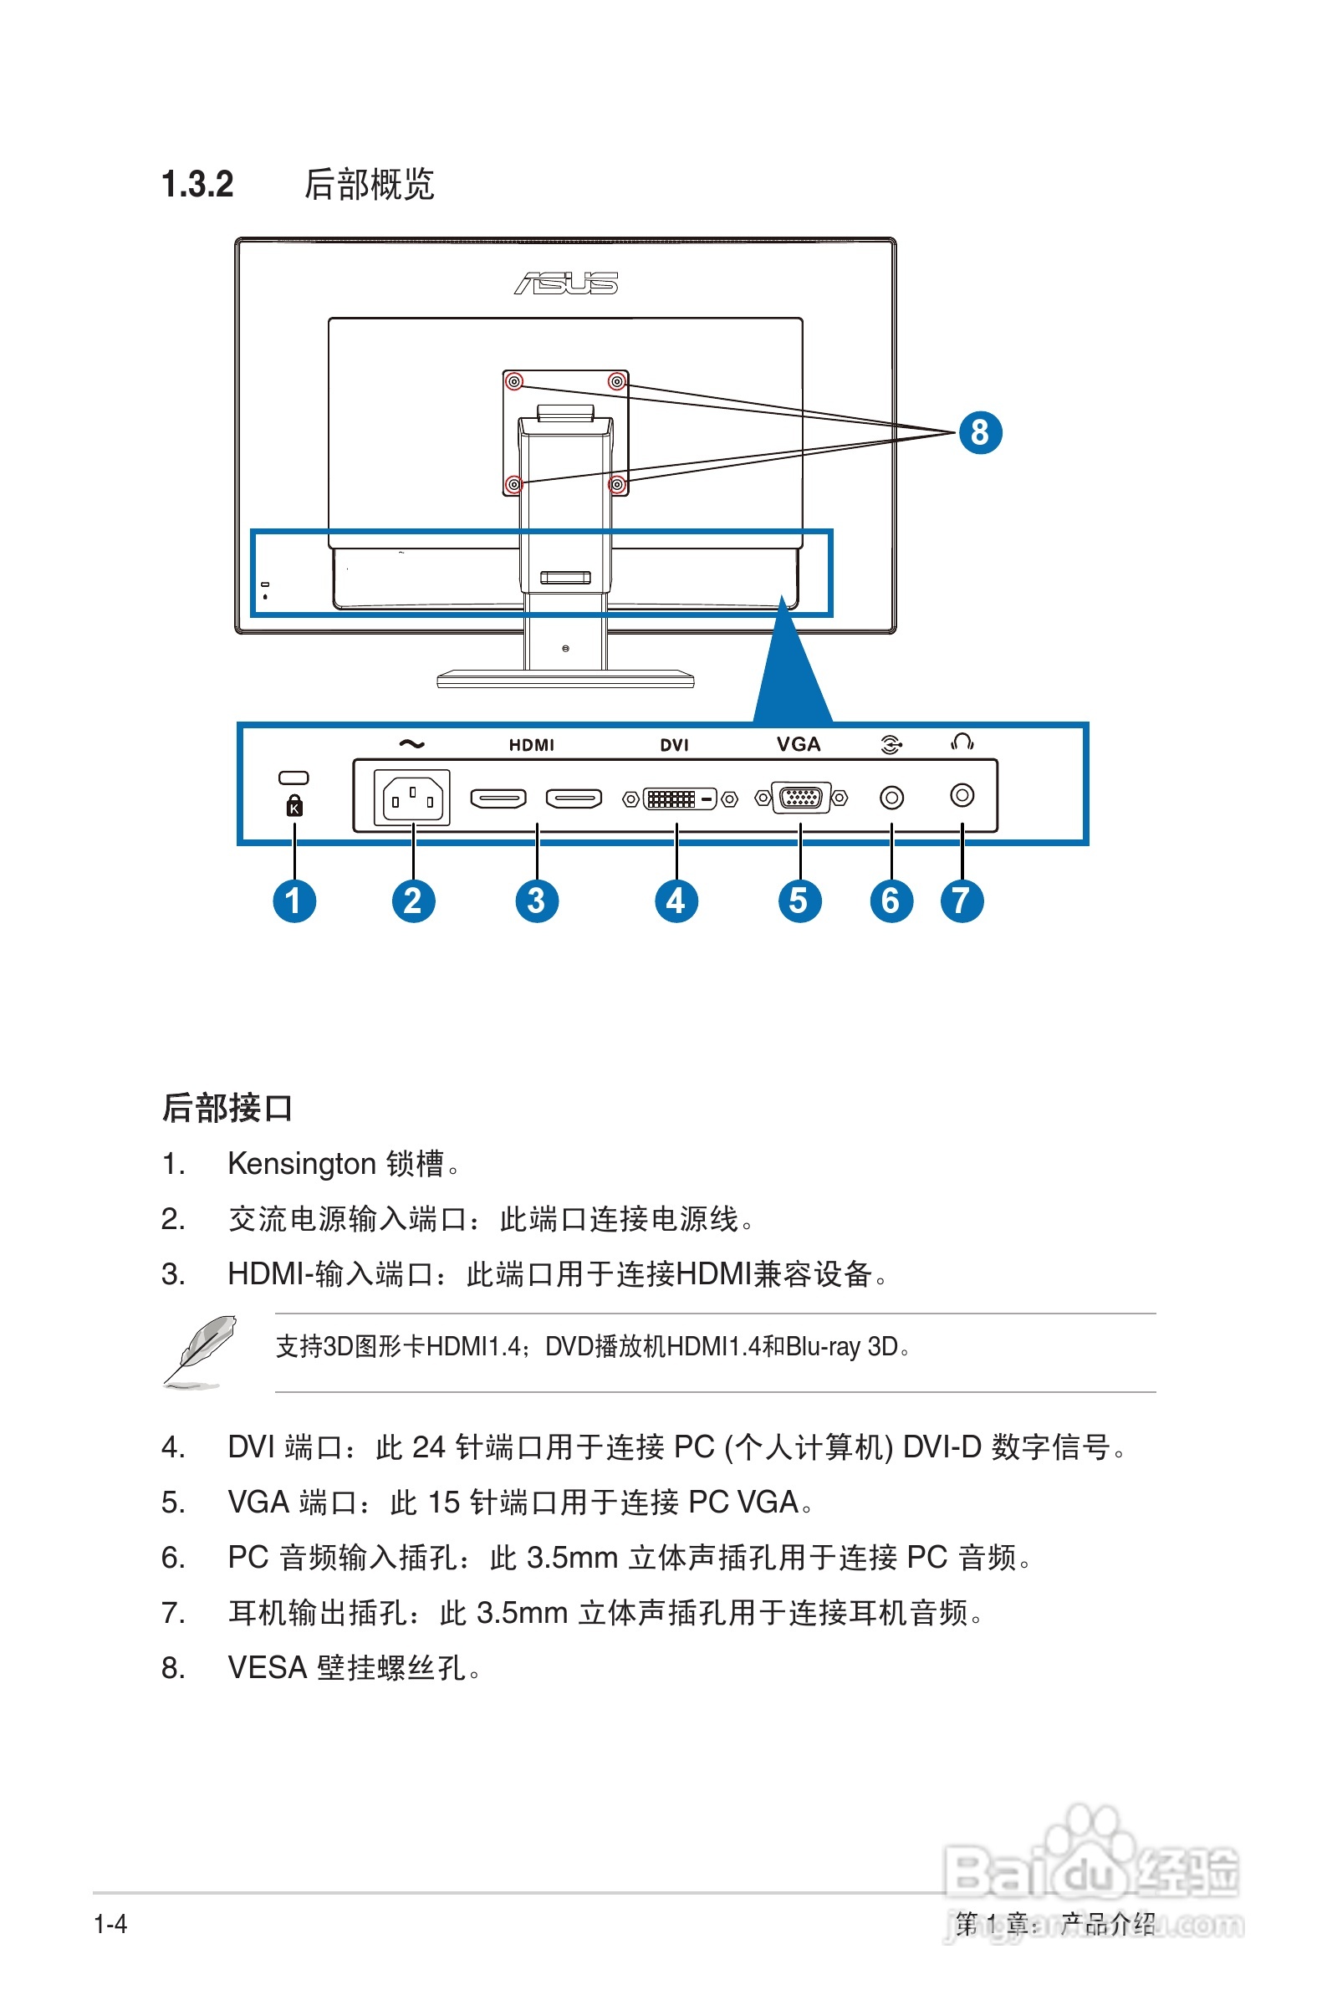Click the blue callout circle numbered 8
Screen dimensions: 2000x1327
click(x=979, y=432)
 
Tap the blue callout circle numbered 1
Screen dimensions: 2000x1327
click(x=293, y=901)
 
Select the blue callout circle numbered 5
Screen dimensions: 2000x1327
click(x=799, y=901)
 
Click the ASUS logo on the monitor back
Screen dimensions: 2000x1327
click(x=566, y=283)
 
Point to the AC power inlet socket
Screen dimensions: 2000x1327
click(x=412, y=798)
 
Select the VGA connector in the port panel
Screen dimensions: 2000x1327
click(x=800, y=797)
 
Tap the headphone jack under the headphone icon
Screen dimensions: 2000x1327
click(x=962, y=795)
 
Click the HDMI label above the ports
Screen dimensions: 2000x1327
click(x=532, y=744)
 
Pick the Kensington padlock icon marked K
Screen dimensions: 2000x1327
click(x=293, y=805)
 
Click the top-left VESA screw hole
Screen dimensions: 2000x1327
click(x=513, y=381)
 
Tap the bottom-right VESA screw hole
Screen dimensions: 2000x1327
click(x=618, y=485)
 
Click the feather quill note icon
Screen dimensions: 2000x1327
click(x=200, y=1350)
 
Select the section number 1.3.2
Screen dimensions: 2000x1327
click(x=197, y=185)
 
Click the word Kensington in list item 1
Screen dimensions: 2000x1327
click(x=301, y=1164)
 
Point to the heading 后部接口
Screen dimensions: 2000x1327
click(x=227, y=1108)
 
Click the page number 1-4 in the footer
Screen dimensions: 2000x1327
click(x=110, y=1924)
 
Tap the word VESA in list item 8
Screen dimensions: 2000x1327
click(x=267, y=1667)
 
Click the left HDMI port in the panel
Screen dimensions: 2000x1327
click(x=498, y=798)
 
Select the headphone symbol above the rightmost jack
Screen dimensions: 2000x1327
click(x=962, y=742)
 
